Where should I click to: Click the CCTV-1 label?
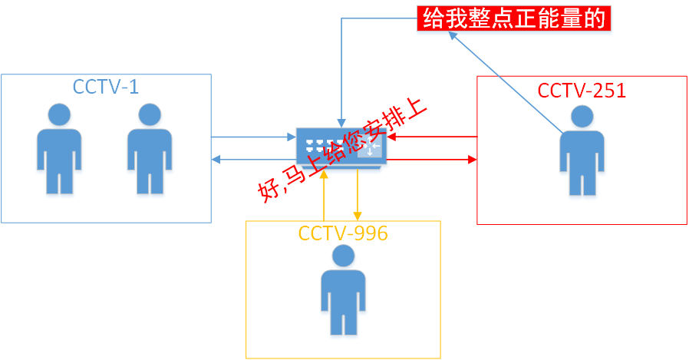tap(106, 87)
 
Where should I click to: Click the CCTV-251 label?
tap(582, 91)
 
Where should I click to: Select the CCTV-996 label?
tap(343, 233)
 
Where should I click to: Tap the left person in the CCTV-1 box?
tap(58, 150)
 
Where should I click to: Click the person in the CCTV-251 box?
tap(581, 154)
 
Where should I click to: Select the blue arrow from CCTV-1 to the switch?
tap(253, 137)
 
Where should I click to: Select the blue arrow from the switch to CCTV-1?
tap(253, 160)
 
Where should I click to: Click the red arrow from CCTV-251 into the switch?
tap(434, 137)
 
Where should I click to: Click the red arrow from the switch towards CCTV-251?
tap(434, 160)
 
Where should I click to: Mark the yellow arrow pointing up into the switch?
tap(325, 196)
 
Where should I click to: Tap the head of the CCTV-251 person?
tap(581, 117)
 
